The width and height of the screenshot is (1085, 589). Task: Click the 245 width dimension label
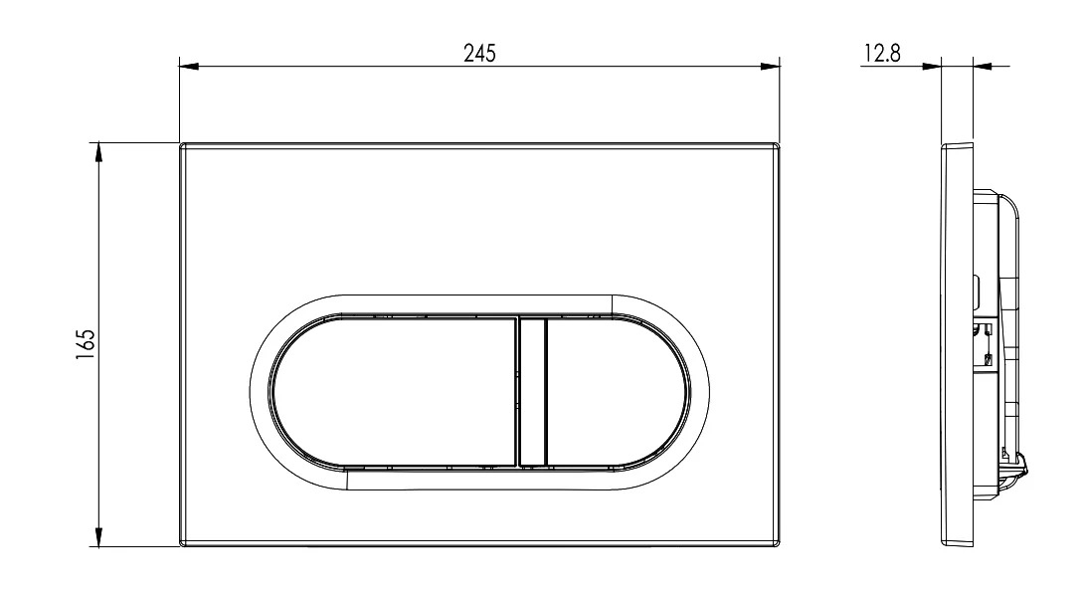[479, 54]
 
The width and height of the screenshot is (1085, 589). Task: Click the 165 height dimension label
[85, 344]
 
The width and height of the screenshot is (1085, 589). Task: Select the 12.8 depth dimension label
[882, 54]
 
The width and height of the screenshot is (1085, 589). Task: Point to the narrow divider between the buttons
[532, 391]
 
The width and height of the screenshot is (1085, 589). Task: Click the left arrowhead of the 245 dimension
[189, 67]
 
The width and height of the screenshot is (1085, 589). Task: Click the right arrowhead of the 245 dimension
[770, 67]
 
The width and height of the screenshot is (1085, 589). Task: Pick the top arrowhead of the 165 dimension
[98, 152]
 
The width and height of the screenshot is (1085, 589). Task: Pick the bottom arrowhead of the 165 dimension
[98, 537]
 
